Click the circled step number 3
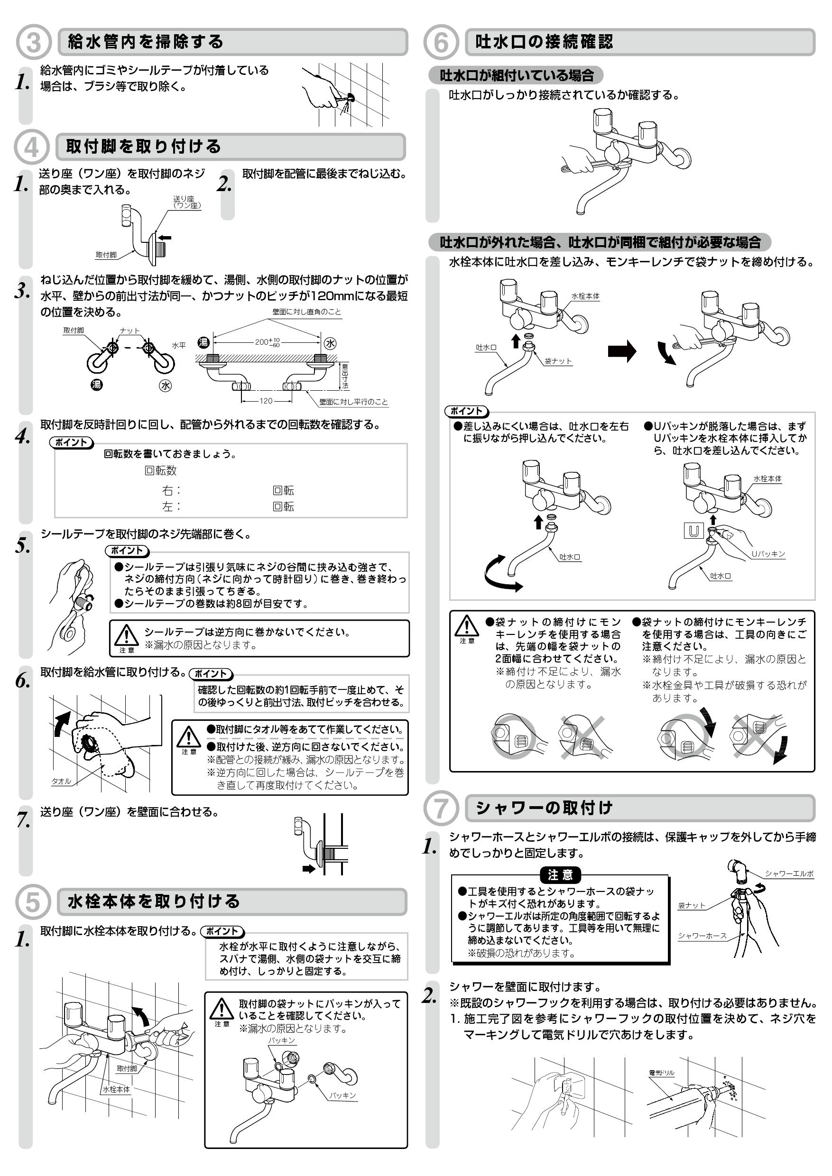33,43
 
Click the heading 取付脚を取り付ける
143,147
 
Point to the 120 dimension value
266,401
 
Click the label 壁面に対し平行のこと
353,402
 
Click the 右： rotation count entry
172,490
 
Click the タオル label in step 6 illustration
61,781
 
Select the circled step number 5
33,902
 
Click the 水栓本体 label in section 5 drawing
116,1089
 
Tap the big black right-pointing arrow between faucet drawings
621,351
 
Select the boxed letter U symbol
693,531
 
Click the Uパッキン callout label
768,554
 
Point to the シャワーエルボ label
789,873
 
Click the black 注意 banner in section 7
561,875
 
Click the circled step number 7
440,808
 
